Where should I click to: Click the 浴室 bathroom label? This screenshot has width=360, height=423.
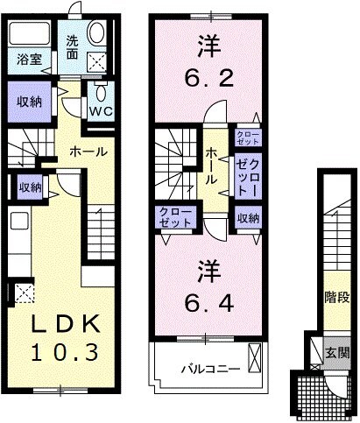coord(26,60)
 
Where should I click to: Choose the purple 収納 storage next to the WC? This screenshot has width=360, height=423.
coord(29,100)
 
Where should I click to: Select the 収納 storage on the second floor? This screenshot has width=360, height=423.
coord(246,218)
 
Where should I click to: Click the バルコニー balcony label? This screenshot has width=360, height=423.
coord(209,368)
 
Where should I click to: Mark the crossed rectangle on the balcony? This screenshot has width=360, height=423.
coord(254,358)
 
